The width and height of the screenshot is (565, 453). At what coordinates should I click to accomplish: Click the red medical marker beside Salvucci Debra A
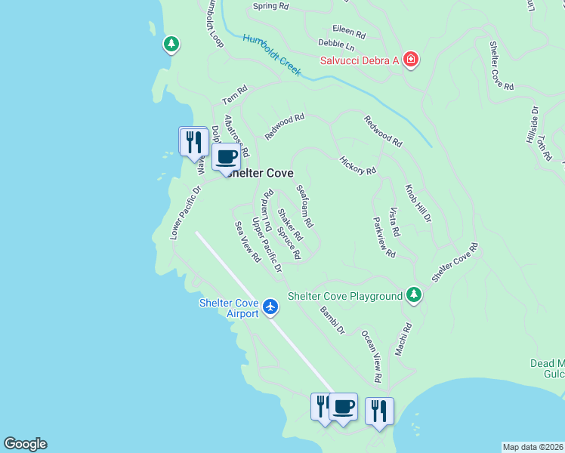point(410,60)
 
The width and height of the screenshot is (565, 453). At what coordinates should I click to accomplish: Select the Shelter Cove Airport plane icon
point(271,308)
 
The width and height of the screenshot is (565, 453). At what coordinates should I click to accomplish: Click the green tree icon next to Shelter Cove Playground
point(413,295)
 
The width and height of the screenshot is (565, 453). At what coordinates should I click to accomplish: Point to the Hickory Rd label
point(357,165)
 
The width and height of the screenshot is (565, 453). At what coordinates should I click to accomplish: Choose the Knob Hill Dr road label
point(418,203)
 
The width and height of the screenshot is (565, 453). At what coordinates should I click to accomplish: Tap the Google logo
point(25,444)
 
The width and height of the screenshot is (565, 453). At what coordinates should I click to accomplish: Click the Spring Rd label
point(270,6)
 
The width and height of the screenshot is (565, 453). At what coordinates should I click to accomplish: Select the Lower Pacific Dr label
point(186,214)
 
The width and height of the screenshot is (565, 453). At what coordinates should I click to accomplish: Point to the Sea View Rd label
point(247,242)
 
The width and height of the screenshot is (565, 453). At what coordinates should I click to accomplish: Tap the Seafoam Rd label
point(304,207)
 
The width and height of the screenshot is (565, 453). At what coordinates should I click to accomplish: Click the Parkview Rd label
point(384,238)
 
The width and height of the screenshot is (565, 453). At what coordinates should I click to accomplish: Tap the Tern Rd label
point(234,95)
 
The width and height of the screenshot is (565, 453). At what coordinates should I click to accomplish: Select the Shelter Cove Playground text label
point(344,296)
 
